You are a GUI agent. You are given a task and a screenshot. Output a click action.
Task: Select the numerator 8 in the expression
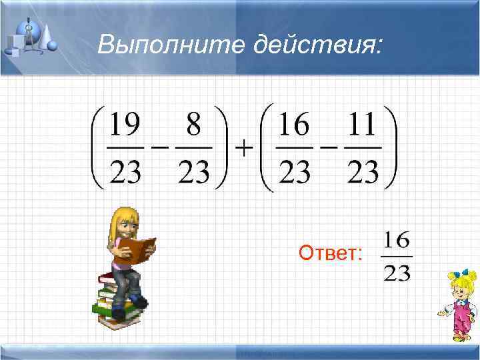[194, 125]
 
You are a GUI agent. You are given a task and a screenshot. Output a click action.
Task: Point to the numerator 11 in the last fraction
[363, 125]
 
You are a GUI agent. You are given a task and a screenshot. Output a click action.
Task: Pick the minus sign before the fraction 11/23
[329, 149]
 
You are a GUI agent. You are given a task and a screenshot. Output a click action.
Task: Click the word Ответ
[331, 253]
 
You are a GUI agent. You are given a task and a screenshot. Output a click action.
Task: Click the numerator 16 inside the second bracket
[294, 125]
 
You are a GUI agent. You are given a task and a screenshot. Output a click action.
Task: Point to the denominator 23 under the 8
[194, 172]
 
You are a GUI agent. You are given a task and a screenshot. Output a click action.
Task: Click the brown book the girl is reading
[141, 249]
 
